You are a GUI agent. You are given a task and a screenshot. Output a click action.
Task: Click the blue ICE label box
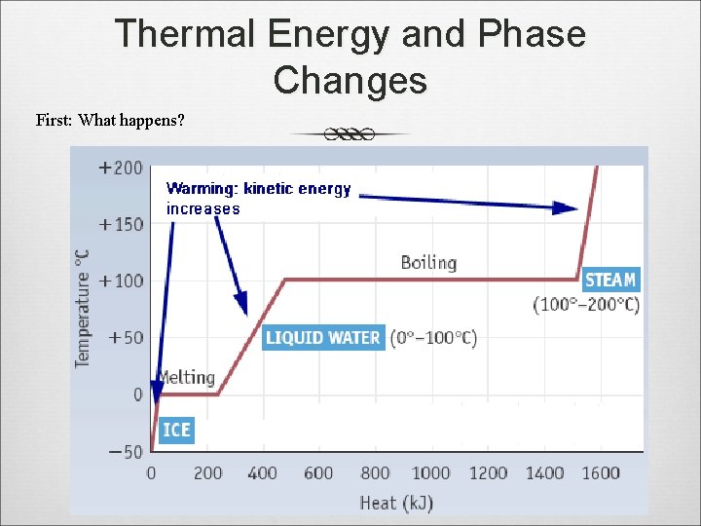[x=176, y=430]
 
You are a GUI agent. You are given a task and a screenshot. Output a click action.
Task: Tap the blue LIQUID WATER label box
[x=323, y=338]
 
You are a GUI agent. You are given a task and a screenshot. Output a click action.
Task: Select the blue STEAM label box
[x=610, y=280]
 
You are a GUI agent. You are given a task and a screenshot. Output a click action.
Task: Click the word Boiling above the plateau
[x=428, y=262]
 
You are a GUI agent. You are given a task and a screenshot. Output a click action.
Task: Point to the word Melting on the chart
[x=186, y=377]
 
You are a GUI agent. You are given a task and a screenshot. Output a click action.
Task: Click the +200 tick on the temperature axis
[x=121, y=168]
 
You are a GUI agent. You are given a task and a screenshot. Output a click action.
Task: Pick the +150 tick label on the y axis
[x=121, y=224]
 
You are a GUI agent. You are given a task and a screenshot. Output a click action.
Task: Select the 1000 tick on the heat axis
[x=430, y=473]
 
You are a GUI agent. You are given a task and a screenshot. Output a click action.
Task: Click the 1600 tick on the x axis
[x=601, y=473]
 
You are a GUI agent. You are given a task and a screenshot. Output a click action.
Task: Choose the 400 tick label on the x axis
[x=263, y=473]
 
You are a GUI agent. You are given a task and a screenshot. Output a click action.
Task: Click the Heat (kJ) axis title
[x=396, y=503]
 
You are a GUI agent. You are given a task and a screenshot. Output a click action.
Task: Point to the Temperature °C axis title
[x=83, y=307]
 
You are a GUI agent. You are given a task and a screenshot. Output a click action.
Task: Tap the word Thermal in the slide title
[x=185, y=34]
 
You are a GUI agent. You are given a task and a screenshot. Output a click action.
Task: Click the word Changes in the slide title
[x=350, y=80]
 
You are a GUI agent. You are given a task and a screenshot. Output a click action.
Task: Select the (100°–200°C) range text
[x=586, y=305]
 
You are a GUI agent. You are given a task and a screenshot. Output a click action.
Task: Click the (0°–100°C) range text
[x=433, y=338]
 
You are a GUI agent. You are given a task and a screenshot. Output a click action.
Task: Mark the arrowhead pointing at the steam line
[x=567, y=207]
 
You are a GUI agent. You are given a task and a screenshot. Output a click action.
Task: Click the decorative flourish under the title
[x=350, y=133]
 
